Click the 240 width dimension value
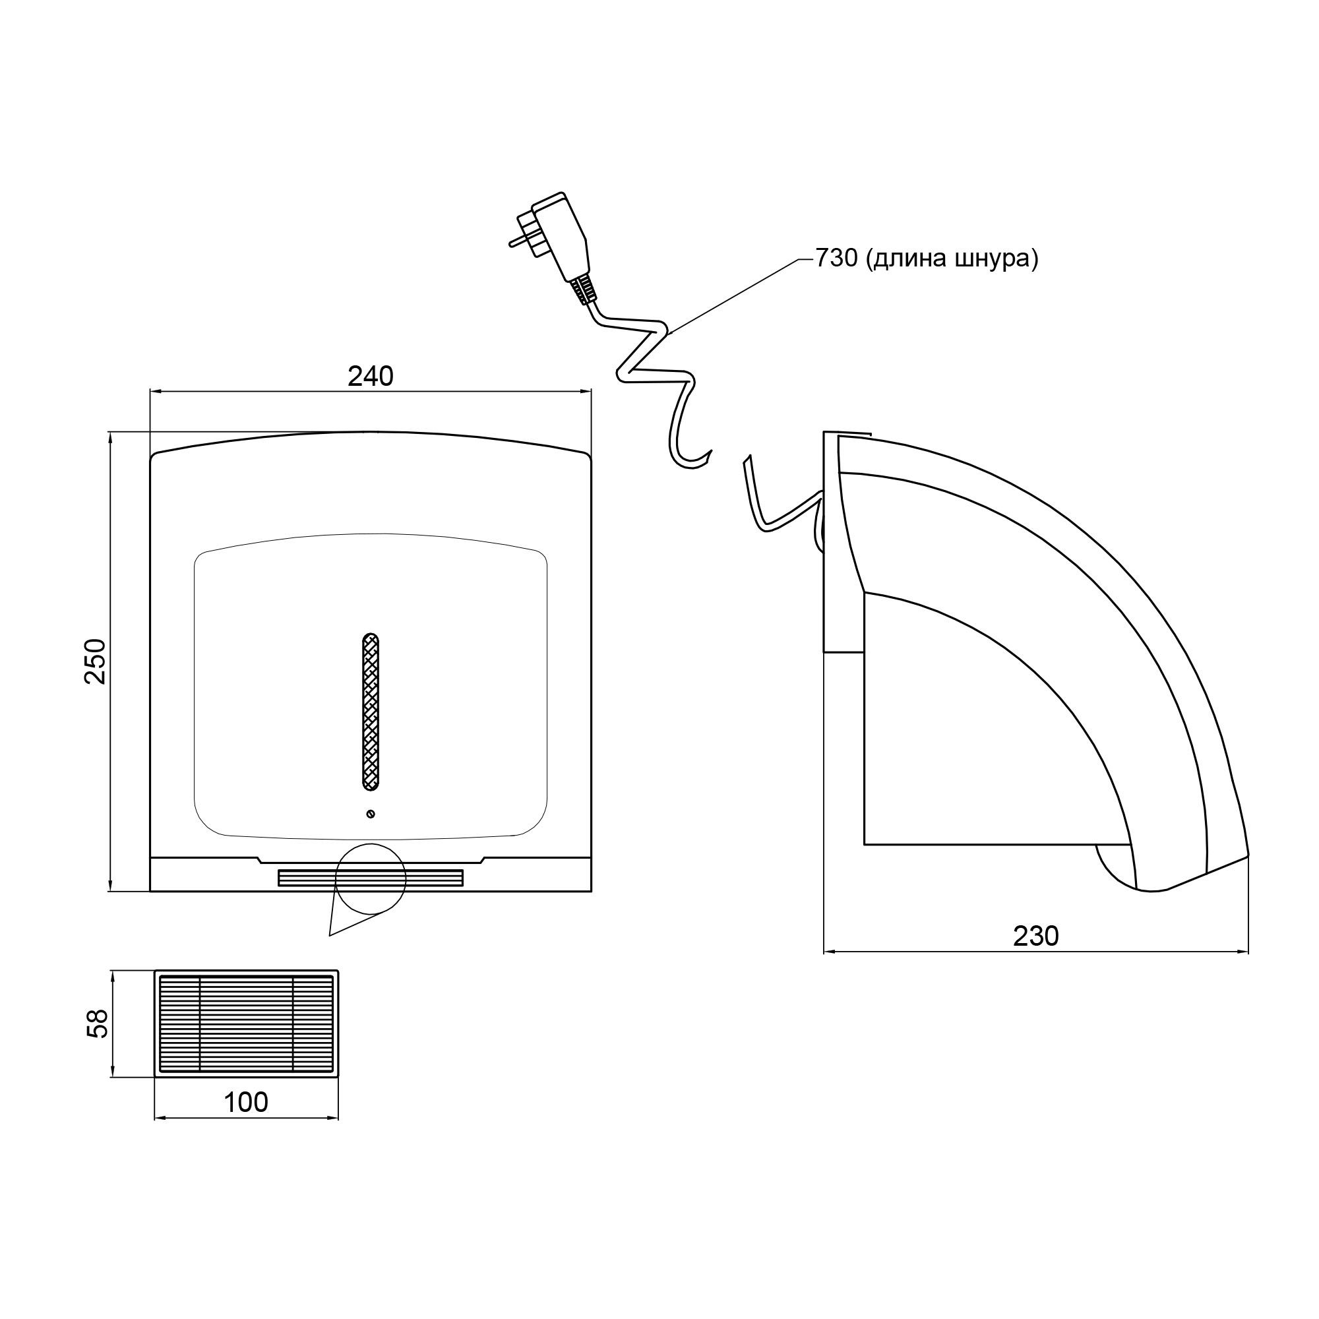pyautogui.click(x=371, y=376)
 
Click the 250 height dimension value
pyautogui.click(x=96, y=661)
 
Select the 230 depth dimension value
pyautogui.click(x=1035, y=936)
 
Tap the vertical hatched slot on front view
pyautogui.click(x=370, y=712)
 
